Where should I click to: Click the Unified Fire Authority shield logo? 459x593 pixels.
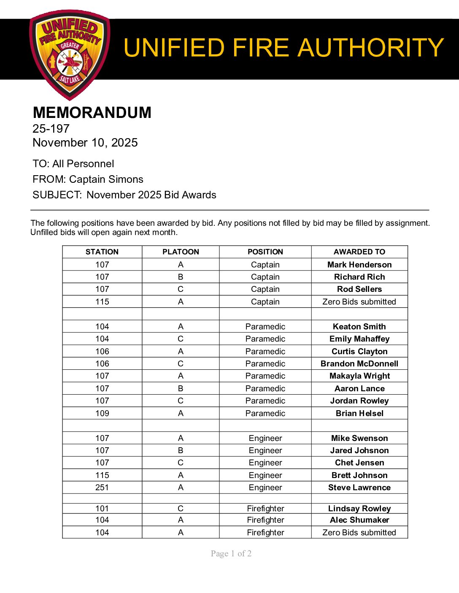(70, 55)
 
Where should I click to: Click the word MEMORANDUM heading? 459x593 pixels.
(92, 112)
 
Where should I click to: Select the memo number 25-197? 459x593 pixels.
(51, 128)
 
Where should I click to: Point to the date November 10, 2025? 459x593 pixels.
(85, 142)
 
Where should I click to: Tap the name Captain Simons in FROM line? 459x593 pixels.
(106, 179)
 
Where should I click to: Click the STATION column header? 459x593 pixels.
(102, 252)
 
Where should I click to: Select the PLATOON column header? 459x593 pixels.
(181, 252)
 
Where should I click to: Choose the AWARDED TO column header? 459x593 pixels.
(359, 252)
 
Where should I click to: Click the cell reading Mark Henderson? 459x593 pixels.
(359, 264)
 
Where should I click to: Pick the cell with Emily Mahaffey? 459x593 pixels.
(359, 339)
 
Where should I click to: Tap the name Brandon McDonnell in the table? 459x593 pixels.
(359, 363)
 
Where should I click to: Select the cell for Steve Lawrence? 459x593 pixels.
(359, 487)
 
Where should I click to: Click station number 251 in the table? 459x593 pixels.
(102, 487)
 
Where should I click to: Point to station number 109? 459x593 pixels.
(102, 413)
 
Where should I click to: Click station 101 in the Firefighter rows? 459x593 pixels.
(102, 508)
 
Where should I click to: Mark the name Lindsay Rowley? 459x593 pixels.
(359, 508)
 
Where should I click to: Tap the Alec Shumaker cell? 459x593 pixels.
(359, 520)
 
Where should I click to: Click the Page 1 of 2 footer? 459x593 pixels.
(231, 553)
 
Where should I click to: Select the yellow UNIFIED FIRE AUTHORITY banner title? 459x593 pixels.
(283, 48)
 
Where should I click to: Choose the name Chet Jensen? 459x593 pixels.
(359, 462)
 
